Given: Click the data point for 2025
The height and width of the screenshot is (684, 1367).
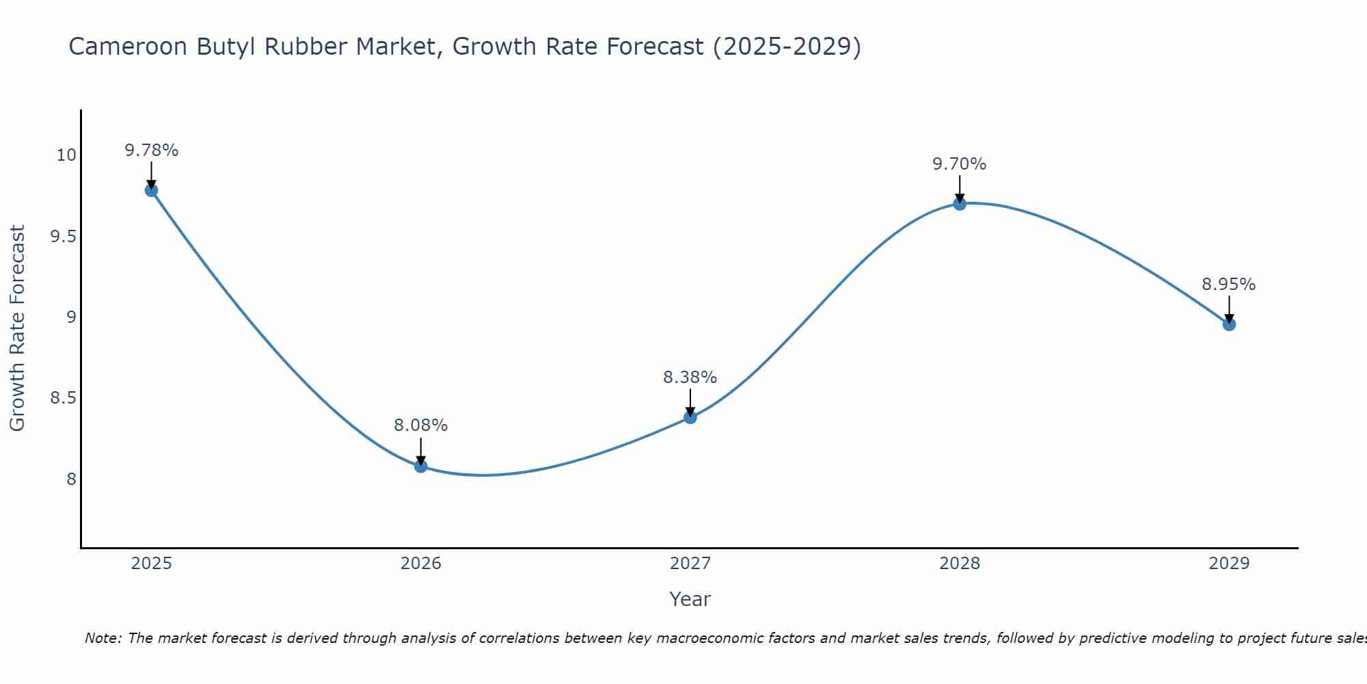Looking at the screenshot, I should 151,190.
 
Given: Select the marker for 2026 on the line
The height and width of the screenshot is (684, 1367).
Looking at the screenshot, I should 421,466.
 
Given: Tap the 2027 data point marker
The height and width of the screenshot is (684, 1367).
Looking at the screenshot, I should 690,417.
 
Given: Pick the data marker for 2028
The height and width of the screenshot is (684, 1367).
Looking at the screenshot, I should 960,204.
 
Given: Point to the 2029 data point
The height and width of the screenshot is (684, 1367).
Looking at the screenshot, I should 1229,324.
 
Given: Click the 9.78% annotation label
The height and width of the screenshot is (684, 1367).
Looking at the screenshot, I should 151,150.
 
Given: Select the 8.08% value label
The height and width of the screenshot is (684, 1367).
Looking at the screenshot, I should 421,425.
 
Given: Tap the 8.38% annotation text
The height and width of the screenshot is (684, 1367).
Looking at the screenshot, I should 690,378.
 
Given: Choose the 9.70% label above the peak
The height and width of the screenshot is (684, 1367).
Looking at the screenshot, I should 960,164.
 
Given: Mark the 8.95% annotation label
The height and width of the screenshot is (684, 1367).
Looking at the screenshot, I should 1229,285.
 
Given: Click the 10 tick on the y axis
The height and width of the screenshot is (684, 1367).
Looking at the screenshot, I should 66,155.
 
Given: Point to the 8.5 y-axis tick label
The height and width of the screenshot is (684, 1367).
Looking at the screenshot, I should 63,398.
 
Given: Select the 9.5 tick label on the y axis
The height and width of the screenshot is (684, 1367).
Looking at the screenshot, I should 63,237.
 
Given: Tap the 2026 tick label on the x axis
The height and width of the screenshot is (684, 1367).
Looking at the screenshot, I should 421,564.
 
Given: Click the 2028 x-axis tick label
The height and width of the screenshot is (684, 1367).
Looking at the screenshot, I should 960,564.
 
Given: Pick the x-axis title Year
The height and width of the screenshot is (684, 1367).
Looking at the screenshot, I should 690,599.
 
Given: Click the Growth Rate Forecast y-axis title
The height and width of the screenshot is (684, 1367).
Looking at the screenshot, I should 17,328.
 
